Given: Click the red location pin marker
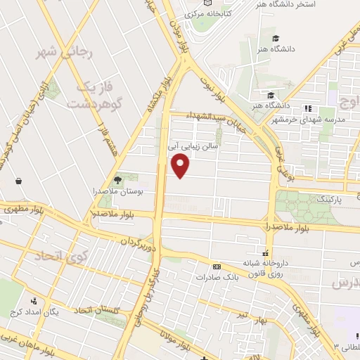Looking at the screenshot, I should tap(181, 165).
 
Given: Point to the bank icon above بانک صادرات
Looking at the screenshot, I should tap(216, 266).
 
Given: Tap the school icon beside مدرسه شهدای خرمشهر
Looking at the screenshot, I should tap(307, 108).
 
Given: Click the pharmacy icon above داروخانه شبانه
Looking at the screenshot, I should tap(266, 253).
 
